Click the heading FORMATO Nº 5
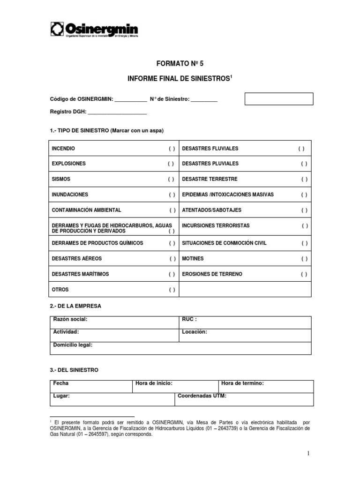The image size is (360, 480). tap(180, 62)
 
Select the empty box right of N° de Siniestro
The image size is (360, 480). tap(279, 99)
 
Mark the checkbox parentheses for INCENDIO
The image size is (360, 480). tap(172, 149)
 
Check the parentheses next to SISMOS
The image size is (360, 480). tap(171, 180)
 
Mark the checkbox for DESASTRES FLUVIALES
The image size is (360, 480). tap(301, 149)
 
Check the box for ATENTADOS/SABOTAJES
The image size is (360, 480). tap(304, 210)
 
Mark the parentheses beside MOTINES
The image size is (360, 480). tap(304, 259)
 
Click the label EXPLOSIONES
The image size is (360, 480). tap(69, 164)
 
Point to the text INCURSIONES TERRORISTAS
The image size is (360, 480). tap(216, 225)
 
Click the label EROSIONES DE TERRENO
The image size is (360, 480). tap(212, 274)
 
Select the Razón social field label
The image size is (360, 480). tap(70, 319)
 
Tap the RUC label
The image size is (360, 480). tap(189, 319)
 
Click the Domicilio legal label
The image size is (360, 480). tap(73, 345)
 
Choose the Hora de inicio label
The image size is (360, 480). tap(154, 383)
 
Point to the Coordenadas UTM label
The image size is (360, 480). tap(202, 396)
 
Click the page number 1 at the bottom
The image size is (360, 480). tap(309, 453)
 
